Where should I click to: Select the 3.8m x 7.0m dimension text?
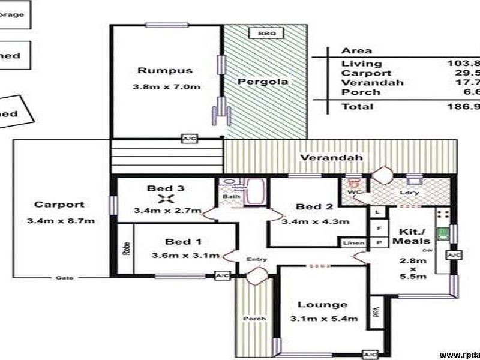166,86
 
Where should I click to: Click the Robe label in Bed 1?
126,249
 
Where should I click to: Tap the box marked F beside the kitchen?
379,228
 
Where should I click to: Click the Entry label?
257,259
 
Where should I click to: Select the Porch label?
250,318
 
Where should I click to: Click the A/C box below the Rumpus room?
189,139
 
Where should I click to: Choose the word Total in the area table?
357,107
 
